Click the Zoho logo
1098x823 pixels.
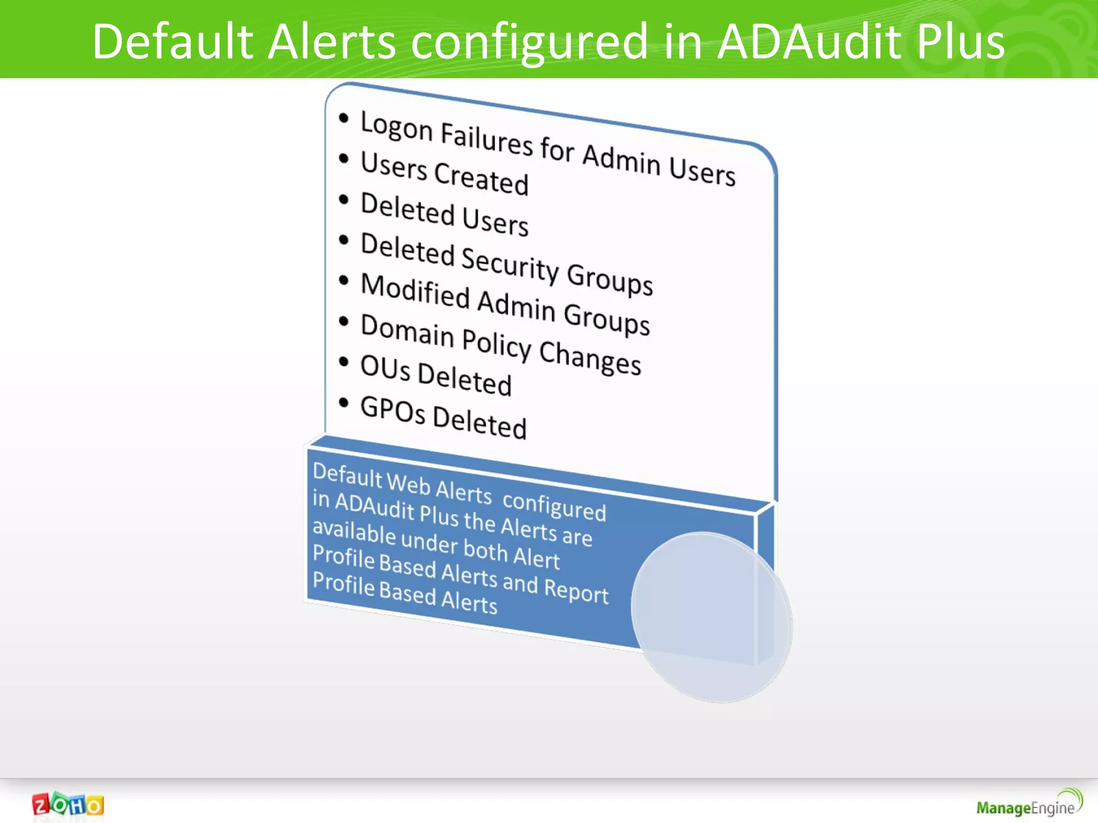pyautogui.click(x=68, y=804)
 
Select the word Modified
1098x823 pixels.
pyautogui.click(x=415, y=291)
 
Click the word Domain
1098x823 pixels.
pyautogui.click(x=407, y=330)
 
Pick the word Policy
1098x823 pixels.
pyautogui.click(x=496, y=343)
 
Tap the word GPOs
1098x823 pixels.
pyautogui.click(x=393, y=410)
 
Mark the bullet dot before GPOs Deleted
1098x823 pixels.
pyautogui.click(x=344, y=402)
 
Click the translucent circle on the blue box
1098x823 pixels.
pyautogui.click(x=711, y=617)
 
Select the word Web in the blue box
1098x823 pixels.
pyautogui.click(x=409, y=483)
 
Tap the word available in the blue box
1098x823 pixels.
pyautogui.click(x=354, y=532)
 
